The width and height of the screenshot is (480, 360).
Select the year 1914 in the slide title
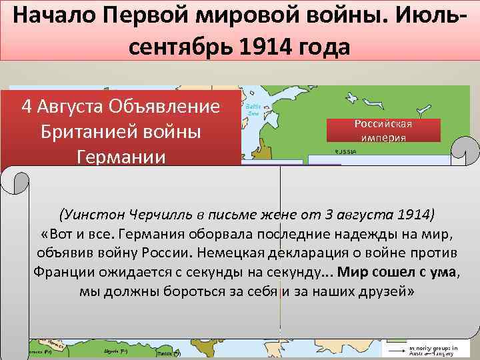[257, 47]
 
